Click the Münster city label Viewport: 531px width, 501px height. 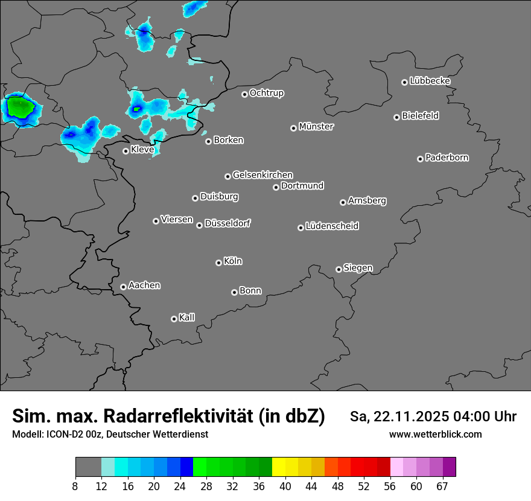316,127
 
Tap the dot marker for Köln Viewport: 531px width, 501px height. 218,263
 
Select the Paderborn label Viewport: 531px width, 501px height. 447,158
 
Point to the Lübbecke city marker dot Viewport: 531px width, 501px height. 404,82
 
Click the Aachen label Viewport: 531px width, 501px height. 144,286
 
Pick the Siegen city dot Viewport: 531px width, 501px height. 339,269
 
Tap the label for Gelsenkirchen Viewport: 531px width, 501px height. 262,175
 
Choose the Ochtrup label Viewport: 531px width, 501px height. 267,94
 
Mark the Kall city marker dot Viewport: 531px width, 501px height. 174,319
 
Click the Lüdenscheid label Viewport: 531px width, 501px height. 332,226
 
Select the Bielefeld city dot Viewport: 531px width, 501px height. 396,117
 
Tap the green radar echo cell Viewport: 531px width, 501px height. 20,108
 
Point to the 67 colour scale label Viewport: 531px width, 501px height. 442,486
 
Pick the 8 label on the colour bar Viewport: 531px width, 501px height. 75,486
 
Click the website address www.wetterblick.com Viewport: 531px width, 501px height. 435,435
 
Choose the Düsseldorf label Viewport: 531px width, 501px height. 227,224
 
